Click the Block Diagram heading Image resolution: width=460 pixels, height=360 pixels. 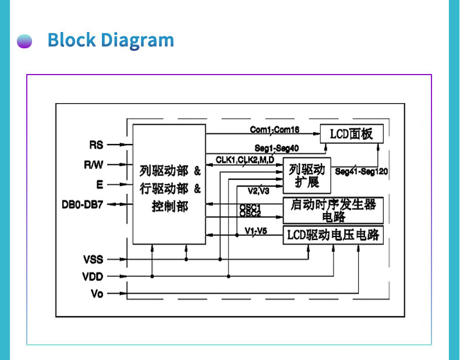tap(111, 40)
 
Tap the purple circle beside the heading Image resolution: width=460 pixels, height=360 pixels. tap(24, 41)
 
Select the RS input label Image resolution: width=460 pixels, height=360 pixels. tap(96, 144)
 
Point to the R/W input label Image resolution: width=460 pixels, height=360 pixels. tap(93, 165)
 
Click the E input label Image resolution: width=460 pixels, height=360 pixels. tap(100, 185)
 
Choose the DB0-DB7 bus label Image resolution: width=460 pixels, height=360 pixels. tap(82, 204)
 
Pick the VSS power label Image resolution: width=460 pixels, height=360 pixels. tap(93, 259)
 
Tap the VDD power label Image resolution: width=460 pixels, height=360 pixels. tap(93, 277)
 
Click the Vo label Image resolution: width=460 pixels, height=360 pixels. tap(97, 294)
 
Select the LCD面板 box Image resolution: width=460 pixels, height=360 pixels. tap(351, 133)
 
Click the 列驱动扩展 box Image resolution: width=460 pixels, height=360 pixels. tap(307, 175)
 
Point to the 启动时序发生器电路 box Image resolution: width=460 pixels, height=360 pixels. tap(332, 210)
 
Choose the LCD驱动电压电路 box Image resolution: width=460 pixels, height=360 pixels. tap(332, 235)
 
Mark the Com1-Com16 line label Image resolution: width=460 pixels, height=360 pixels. tap(275, 129)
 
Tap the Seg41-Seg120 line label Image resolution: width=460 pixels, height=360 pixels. tap(362, 171)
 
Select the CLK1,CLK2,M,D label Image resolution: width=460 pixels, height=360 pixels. tap(245, 160)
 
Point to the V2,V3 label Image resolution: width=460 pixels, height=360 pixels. tap(258, 190)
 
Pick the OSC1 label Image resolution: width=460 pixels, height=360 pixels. tap(250, 207)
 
